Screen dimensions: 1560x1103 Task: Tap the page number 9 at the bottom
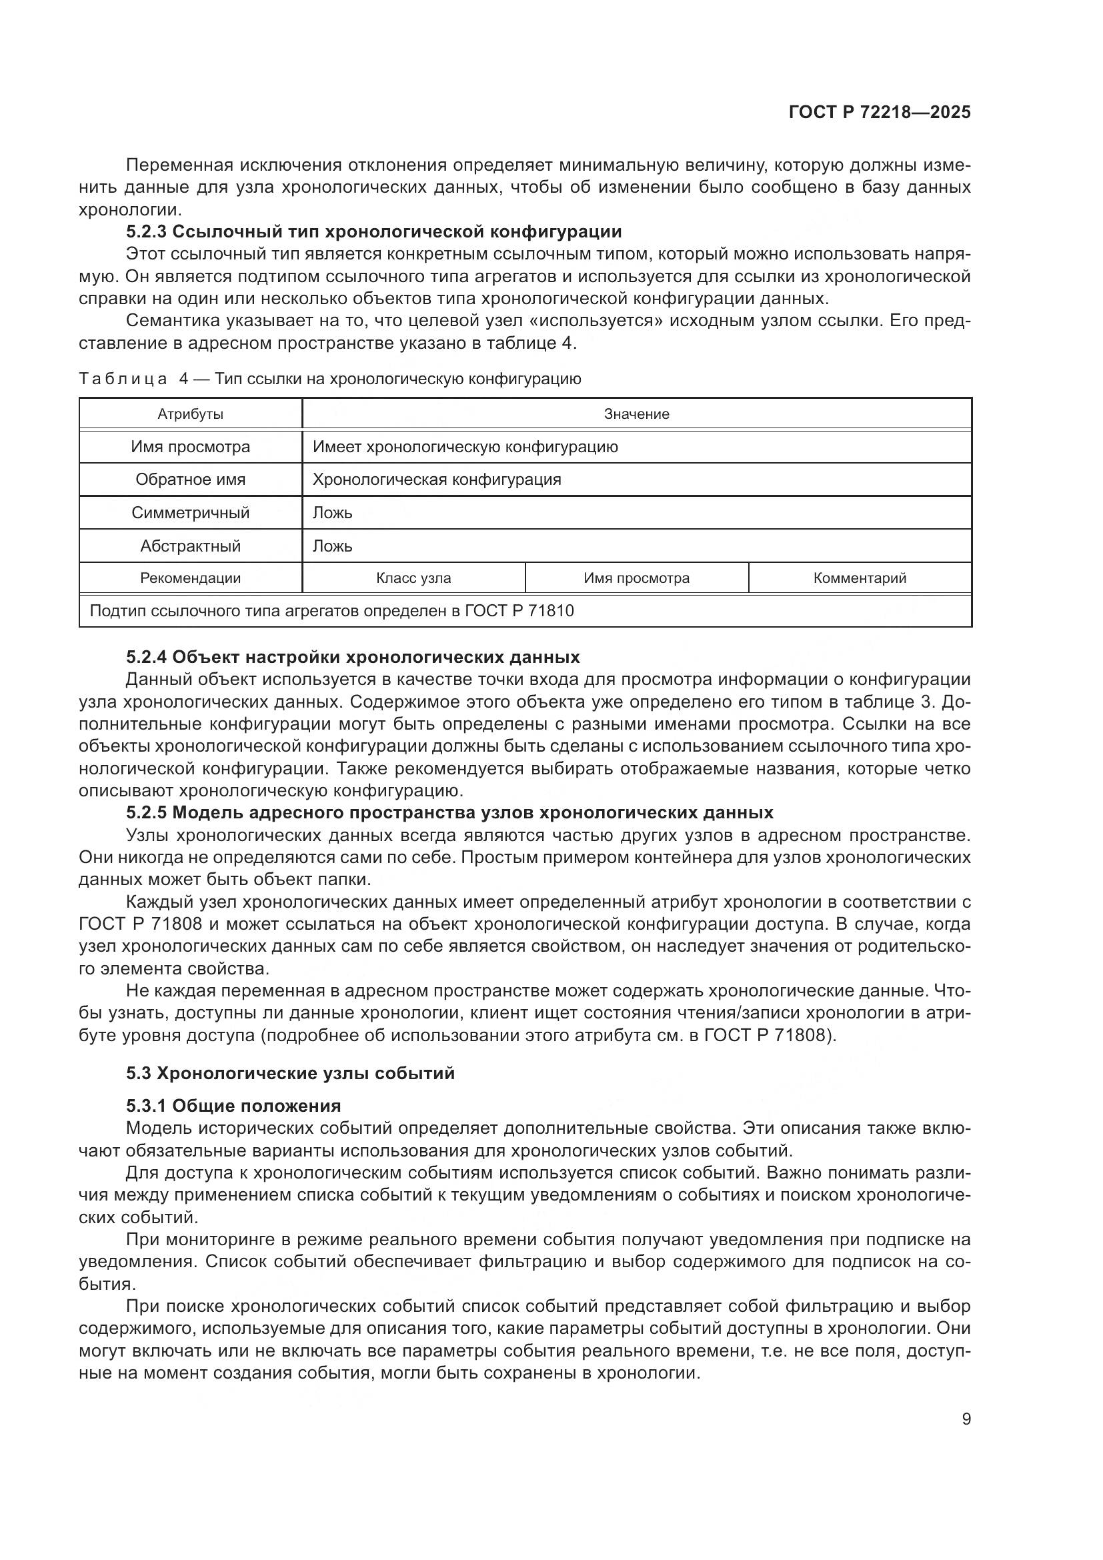point(966,1419)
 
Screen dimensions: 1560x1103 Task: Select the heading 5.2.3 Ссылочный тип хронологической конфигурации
point(373,231)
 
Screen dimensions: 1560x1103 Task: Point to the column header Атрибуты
point(190,414)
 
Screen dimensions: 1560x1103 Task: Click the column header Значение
point(636,414)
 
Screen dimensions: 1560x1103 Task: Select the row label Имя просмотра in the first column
point(190,446)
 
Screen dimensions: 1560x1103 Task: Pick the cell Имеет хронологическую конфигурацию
point(465,446)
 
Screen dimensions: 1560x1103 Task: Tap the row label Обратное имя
point(190,480)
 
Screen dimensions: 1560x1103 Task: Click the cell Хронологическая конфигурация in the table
point(437,480)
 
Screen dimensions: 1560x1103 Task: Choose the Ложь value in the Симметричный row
point(332,513)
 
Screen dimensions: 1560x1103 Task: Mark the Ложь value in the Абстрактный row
point(332,546)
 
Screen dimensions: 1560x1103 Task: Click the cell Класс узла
point(413,578)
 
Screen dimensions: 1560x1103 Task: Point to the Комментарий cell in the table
point(859,578)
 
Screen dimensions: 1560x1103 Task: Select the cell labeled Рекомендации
point(190,578)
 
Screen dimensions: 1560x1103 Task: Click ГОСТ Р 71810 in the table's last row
point(519,611)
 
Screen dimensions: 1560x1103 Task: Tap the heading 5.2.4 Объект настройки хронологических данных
point(353,657)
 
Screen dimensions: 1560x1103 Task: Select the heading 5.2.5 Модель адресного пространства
point(449,812)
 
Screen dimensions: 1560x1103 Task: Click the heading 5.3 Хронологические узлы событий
point(290,1074)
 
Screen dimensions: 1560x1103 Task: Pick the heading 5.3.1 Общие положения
point(233,1106)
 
